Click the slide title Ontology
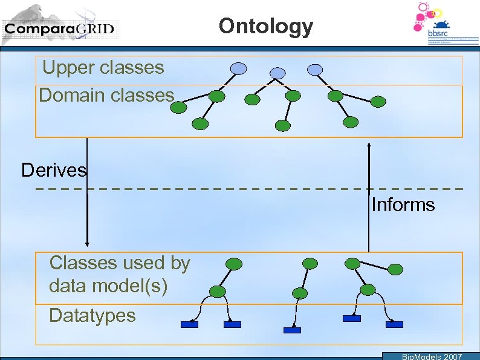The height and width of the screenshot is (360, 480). click(x=266, y=26)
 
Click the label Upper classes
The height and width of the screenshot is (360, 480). click(x=103, y=67)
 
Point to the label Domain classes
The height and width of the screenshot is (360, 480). click(x=106, y=95)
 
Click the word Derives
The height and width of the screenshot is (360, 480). click(x=54, y=170)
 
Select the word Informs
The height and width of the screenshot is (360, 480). click(x=403, y=205)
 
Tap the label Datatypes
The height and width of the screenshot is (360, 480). click(x=92, y=315)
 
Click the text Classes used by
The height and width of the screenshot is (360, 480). click(x=120, y=263)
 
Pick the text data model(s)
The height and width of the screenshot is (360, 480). click(x=108, y=285)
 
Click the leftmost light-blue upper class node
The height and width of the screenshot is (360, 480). click(x=239, y=68)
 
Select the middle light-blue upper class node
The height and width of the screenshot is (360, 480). click(x=277, y=73)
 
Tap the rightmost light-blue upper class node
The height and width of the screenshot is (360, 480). click(x=315, y=70)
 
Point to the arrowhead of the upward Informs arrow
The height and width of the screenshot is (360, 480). click(x=369, y=146)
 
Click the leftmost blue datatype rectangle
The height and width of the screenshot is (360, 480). click(x=189, y=324)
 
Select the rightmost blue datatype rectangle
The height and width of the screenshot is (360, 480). click(x=394, y=324)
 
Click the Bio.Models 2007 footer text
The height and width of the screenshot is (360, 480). click(x=432, y=356)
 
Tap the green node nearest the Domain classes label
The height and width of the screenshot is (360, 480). click(x=178, y=108)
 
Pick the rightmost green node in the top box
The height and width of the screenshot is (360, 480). click(x=378, y=101)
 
